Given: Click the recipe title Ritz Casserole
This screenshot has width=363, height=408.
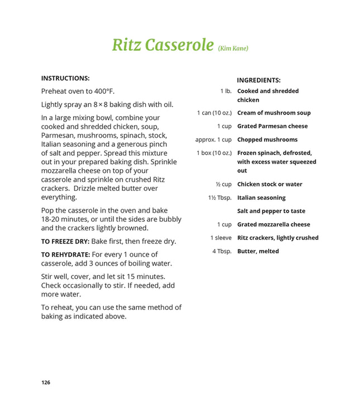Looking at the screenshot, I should [x=163, y=45].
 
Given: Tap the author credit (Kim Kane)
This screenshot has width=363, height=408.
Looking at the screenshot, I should [x=232, y=49].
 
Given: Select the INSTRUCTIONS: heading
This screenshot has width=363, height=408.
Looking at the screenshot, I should [x=65, y=78].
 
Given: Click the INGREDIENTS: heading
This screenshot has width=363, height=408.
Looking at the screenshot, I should [x=259, y=80].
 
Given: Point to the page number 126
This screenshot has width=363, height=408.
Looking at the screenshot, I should [x=46, y=382].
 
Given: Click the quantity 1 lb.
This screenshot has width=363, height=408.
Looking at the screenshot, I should [x=226, y=91].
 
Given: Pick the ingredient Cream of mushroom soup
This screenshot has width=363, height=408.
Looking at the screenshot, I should [x=274, y=113].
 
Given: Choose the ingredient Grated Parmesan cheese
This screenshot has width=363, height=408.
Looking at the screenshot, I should [x=272, y=126].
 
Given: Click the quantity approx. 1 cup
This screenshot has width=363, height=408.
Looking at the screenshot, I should [x=213, y=140].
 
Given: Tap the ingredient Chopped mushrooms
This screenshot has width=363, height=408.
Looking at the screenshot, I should [x=267, y=140].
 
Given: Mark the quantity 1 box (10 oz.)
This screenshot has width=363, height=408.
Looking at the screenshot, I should [x=214, y=153].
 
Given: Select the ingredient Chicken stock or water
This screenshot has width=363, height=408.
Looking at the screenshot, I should [x=270, y=184].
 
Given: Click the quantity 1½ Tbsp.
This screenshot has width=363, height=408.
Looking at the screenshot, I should [x=219, y=198].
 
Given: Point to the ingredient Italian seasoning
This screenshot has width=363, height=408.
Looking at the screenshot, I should [x=261, y=198].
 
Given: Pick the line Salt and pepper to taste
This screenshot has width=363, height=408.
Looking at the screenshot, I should [x=271, y=211].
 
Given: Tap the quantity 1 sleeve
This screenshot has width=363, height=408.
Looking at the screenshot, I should [x=221, y=238].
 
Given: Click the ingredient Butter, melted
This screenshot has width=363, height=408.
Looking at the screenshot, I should [x=257, y=251].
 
